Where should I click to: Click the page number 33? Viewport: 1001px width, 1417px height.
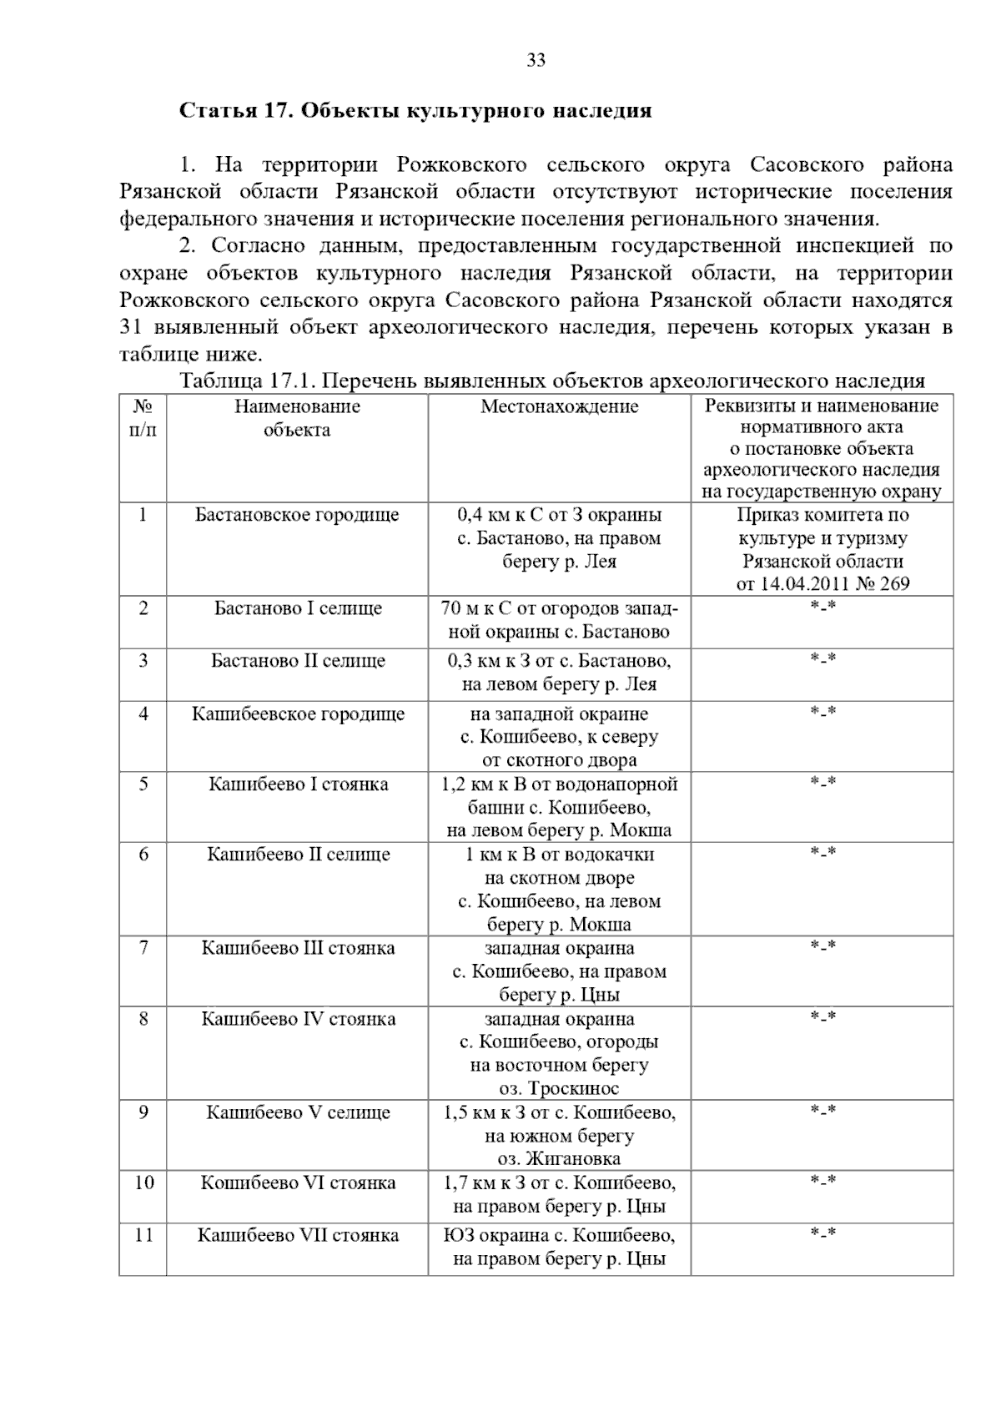tap(536, 60)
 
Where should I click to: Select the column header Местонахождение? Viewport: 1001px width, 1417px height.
tap(559, 406)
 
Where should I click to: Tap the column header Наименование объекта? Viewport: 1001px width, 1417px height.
tap(297, 418)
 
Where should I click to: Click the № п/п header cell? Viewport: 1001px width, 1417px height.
tap(143, 418)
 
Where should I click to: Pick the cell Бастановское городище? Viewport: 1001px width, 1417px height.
tap(297, 515)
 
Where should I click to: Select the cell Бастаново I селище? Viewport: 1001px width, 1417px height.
tap(297, 608)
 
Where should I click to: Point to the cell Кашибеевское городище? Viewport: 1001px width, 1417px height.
tap(297, 714)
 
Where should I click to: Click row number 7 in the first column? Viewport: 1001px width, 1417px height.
tap(143, 948)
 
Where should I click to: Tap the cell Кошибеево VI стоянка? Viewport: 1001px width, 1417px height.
tap(297, 1183)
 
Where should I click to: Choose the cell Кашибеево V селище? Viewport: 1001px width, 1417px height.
tap(297, 1112)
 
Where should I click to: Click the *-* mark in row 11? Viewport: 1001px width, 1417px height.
tap(822, 1233)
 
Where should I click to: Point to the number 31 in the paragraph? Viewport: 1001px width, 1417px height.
tap(131, 327)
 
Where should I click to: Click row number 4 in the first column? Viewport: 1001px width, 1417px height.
tap(143, 714)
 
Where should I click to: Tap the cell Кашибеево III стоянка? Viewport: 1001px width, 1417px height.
tap(297, 948)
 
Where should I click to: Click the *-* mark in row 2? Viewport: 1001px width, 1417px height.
tap(822, 607)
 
